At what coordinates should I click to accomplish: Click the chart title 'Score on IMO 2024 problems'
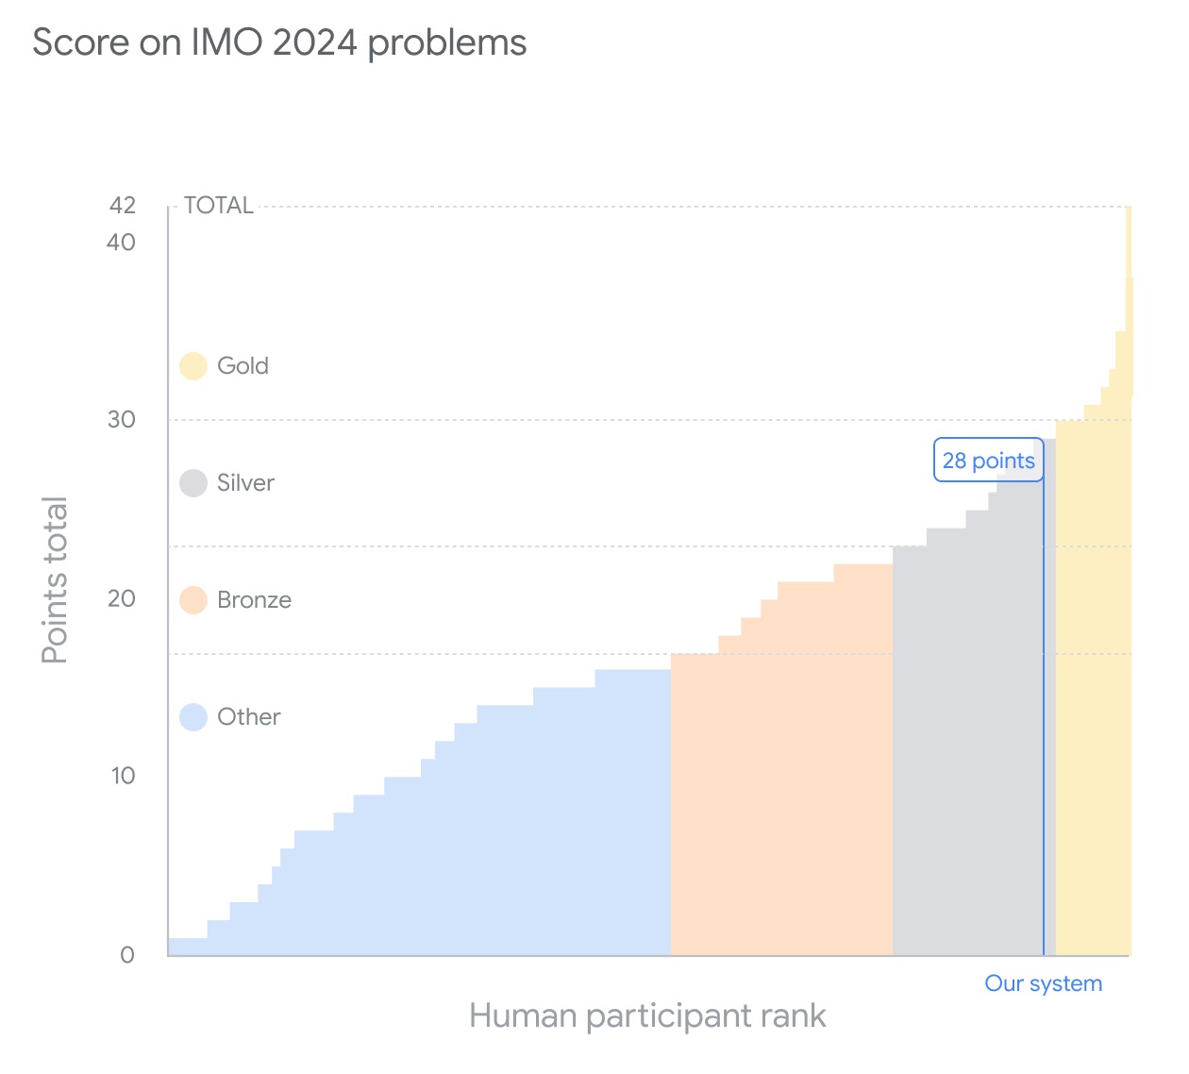click(279, 43)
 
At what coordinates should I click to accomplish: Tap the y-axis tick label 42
click(123, 206)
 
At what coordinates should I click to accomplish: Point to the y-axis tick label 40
click(122, 243)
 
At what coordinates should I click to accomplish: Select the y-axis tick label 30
click(122, 420)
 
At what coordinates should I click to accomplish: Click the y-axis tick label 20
click(122, 598)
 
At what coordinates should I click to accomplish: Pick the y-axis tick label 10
click(123, 776)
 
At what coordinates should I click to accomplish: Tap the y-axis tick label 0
click(127, 954)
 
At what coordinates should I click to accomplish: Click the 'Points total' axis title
click(55, 579)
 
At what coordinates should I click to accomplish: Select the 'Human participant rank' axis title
click(647, 1016)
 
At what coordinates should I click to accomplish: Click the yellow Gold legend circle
click(193, 366)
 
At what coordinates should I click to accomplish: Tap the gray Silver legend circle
click(193, 483)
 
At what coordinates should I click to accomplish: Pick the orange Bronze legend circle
click(193, 600)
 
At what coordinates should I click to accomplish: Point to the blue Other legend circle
click(193, 717)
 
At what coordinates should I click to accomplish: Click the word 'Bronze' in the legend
click(254, 600)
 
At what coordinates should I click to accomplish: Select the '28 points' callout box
click(988, 461)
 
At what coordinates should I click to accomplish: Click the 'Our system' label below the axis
click(1043, 983)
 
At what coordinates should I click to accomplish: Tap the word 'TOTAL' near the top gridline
click(219, 206)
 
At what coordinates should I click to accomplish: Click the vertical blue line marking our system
click(1044, 717)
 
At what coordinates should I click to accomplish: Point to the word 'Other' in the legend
click(249, 717)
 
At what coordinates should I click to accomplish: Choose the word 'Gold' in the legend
click(243, 366)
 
